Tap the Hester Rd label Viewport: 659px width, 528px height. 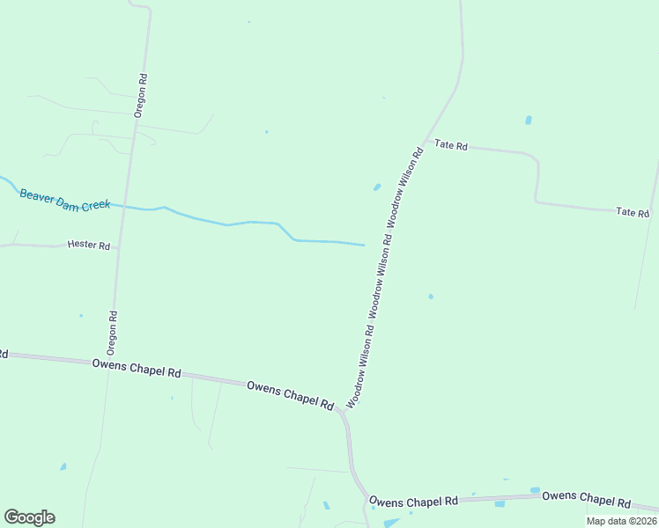[x=88, y=246]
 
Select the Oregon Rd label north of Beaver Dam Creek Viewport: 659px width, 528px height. [x=140, y=96]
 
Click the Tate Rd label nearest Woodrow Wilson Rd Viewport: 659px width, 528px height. [x=450, y=145]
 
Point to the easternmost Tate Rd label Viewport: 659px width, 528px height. [x=633, y=212]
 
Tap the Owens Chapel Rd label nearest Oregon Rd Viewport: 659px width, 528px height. [x=137, y=368]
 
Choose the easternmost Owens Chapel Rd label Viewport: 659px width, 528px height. [x=586, y=498]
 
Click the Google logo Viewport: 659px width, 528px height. [x=29, y=517]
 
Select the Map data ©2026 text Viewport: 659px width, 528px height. [x=621, y=521]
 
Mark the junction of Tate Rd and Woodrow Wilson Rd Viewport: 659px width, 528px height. [x=426, y=141]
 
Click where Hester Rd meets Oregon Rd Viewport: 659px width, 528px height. [x=119, y=247]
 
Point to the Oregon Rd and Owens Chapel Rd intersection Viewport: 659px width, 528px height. [x=109, y=363]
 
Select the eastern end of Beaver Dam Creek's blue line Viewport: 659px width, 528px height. [x=363, y=245]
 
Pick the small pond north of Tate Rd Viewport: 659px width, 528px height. [x=529, y=120]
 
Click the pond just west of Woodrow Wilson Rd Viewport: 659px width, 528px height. [x=377, y=187]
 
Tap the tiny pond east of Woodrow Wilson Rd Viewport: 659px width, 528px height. [x=431, y=297]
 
